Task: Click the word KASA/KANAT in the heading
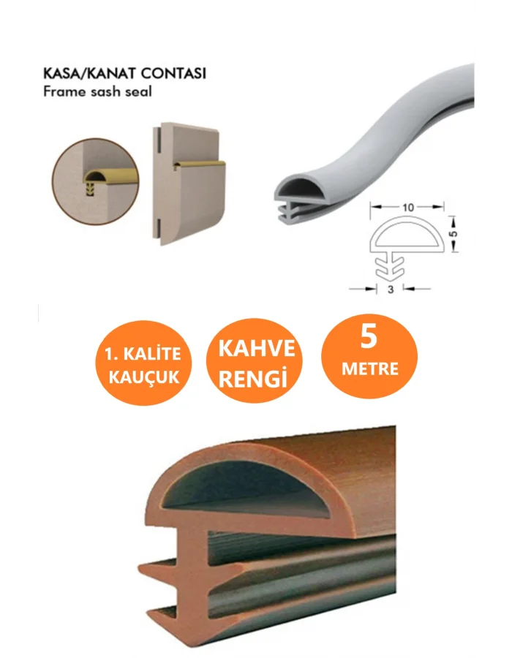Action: click(x=89, y=73)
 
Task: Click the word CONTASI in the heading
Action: click(x=173, y=73)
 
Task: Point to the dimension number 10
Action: click(x=407, y=207)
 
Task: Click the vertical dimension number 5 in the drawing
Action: click(x=453, y=233)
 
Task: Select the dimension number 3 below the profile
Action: click(x=391, y=289)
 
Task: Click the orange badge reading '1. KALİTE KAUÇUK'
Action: click(x=143, y=363)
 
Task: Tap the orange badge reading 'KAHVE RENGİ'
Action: click(x=254, y=361)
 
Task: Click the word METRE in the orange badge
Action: click(x=369, y=369)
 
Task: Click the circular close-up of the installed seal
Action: click(x=95, y=181)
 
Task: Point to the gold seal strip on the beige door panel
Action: click(x=200, y=164)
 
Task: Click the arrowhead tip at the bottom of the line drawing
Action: click(x=391, y=279)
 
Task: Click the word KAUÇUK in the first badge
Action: click(x=144, y=377)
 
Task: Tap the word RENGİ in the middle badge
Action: click(x=252, y=378)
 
